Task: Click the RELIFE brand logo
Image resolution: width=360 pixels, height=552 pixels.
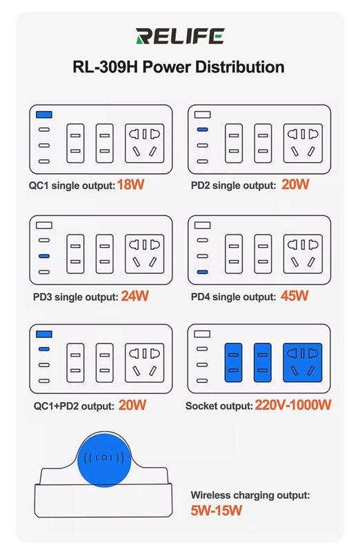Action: [x=180, y=36]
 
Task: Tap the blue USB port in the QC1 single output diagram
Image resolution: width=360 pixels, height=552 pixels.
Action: [x=44, y=115]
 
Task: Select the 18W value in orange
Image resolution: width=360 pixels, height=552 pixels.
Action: [x=130, y=184]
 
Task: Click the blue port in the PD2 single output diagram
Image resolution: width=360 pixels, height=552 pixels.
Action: [x=202, y=130]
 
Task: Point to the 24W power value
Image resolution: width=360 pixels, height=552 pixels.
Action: [x=134, y=296]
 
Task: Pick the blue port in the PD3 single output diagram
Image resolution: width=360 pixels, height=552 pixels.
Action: [x=44, y=256]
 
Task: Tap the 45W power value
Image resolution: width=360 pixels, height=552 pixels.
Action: [x=294, y=296]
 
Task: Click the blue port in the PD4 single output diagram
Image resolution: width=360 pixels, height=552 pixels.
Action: [x=202, y=272]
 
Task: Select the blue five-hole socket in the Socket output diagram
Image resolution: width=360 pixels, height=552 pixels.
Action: [x=303, y=363]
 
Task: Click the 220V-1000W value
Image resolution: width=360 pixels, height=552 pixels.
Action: [x=293, y=405]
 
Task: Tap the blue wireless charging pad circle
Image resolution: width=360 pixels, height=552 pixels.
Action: [x=104, y=460]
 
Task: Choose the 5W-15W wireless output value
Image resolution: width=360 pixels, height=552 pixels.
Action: [x=217, y=510]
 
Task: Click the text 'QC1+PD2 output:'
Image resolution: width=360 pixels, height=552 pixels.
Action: [x=74, y=406]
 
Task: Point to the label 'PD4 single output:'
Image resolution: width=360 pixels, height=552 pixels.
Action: [x=233, y=297]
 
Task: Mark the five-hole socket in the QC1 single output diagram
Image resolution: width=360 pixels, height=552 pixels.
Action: [x=145, y=144]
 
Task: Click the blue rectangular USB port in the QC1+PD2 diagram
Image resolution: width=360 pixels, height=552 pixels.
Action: [x=44, y=334]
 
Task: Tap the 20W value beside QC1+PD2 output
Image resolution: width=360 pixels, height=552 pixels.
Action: [x=132, y=405]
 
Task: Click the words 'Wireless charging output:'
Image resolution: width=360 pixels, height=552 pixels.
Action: [x=250, y=495]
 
